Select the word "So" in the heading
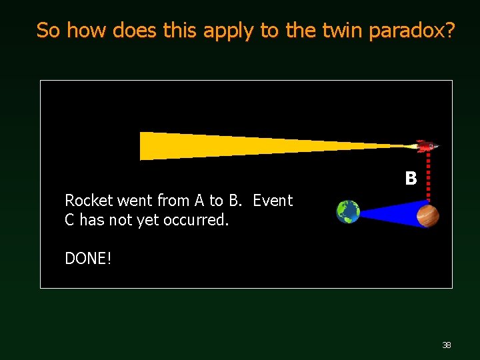(x=49, y=30)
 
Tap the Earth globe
(x=348, y=211)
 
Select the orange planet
(x=428, y=215)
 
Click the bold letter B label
(x=411, y=179)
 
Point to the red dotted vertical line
(x=427, y=177)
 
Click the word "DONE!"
(x=88, y=258)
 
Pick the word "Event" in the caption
(x=273, y=200)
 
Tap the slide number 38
(x=447, y=345)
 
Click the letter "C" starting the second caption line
(x=69, y=220)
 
